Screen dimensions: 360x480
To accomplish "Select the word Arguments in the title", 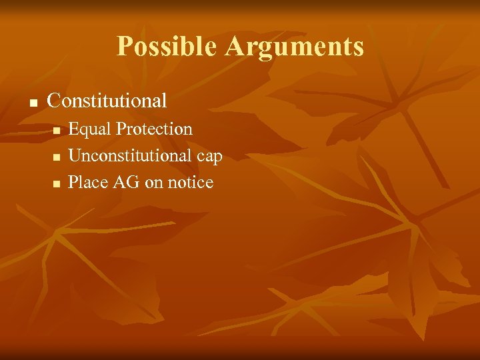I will tap(294, 47).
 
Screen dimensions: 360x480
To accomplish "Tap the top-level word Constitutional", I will tap(107, 101).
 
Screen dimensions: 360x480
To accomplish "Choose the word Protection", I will tap(154, 129).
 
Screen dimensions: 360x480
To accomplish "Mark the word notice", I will tap(190, 182).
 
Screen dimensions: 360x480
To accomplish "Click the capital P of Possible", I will tap(124, 47).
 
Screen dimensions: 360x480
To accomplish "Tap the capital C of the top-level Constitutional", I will tap(54, 101).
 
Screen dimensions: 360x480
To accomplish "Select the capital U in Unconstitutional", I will tap(75, 155).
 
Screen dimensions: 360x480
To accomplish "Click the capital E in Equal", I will tap(73, 129).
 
